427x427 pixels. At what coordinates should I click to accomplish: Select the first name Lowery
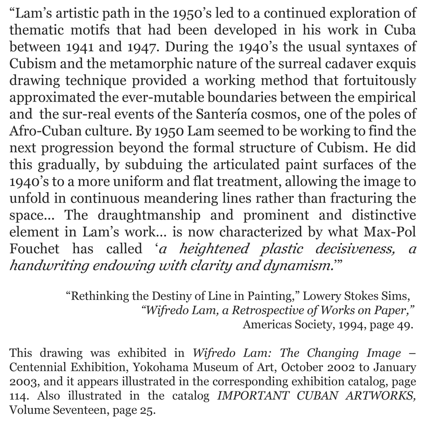[321, 297]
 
